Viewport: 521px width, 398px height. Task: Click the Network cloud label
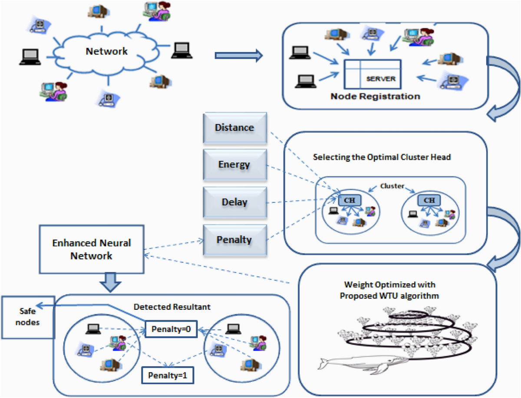pyautogui.click(x=106, y=51)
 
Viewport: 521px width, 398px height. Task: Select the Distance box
pyautogui.click(x=234, y=128)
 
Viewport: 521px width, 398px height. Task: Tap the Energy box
pyautogui.click(x=234, y=165)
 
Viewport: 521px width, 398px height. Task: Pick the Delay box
pyautogui.click(x=234, y=202)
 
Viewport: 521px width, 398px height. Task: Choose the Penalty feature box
pyautogui.click(x=234, y=239)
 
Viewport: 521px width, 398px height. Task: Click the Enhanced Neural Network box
pyautogui.click(x=91, y=249)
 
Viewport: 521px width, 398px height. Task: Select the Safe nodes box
pyautogui.click(x=27, y=317)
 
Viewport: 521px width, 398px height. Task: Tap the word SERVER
pyautogui.click(x=381, y=79)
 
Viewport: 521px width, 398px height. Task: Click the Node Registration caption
pyautogui.click(x=375, y=96)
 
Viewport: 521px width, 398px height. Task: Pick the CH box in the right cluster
pyautogui.click(x=429, y=200)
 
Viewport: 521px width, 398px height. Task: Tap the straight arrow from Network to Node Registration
pyautogui.click(x=239, y=55)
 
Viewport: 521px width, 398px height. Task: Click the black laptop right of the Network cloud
pyautogui.click(x=182, y=50)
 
